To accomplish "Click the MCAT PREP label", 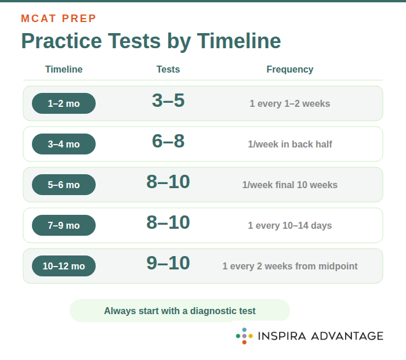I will tap(59, 19).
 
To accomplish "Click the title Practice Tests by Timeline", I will tap(151, 41).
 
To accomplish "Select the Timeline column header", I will tap(64, 70).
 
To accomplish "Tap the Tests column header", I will tap(168, 70).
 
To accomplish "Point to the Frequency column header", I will tap(290, 70).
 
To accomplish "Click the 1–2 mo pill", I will tap(64, 103).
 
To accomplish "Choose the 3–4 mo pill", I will tap(64, 144).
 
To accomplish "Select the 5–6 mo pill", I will tap(64, 185).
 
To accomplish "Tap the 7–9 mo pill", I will tap(64, 225).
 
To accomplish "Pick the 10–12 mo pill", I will tap(64, 266).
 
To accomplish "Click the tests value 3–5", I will tap(168, 101).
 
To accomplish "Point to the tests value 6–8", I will tap(168, 142).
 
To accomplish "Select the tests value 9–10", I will tap(168, 264).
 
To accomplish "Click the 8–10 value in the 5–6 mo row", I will tap(168, 182).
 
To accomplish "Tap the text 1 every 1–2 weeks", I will tap(290, 104).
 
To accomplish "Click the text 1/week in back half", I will tap(290, 145).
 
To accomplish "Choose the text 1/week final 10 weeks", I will tap(290, 185).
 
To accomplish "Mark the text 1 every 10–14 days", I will tap(290, 226).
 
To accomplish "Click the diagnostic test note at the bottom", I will tap(180, 311).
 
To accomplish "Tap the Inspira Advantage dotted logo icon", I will tap(244, 336).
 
